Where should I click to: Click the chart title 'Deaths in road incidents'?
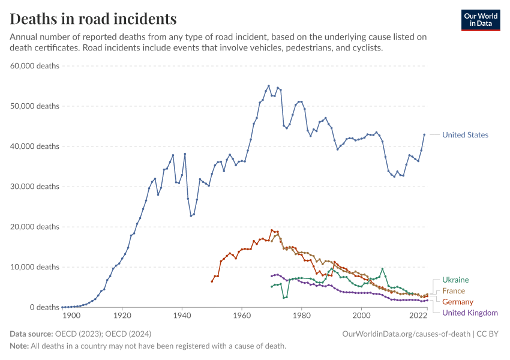point(94,19)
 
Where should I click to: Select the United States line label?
point(465,135)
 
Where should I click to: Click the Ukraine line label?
point(455,280)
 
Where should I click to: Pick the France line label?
point(454,291)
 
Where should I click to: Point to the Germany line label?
point(458,302)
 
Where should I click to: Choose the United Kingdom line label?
point(470,313)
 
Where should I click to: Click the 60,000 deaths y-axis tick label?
point(35,66)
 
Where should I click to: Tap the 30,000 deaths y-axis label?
point(35,187)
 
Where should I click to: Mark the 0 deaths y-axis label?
point(43,307)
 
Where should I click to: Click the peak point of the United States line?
point(268,86)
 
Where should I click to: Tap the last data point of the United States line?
point(424,134)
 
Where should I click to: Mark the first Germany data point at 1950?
point(212,281)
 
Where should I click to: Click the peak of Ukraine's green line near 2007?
point(382,269)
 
